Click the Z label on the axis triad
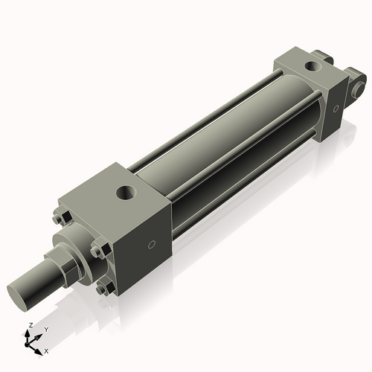[x=29, y=325]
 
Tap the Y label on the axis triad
[x=45, y=329]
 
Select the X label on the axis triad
[x=46, y=350]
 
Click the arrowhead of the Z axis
[x=31, y=333]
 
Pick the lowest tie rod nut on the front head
[x=104, y=287]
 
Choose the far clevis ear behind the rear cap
[x=322, y=56]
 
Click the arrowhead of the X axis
[x=42, y=347]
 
